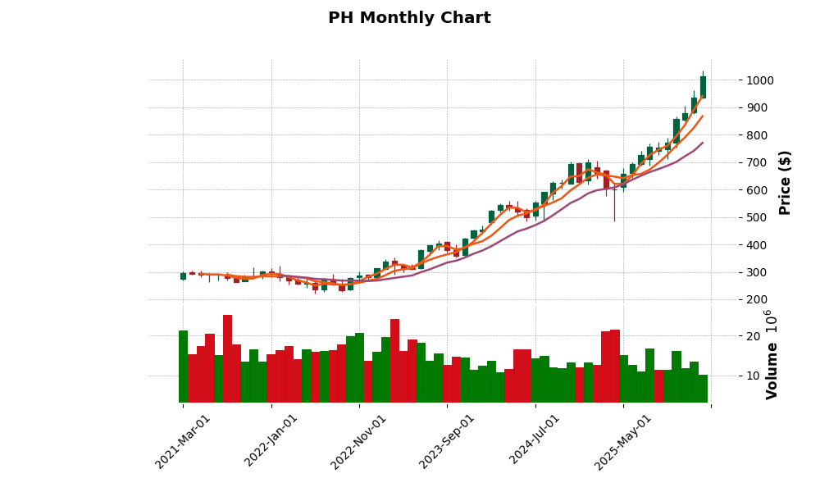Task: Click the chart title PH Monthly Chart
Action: pyautogui.click(x=409, y=18)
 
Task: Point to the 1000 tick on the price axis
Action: pyautogui.click(x=758, y=80)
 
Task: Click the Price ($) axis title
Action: pyautogui.click(x=786, y=182)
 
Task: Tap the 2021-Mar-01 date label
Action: pyautogui.click(x=183, y=441)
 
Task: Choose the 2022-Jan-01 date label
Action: pyautogui.click(x=271, y=441)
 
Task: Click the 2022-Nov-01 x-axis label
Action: pyautogui.click(x=359, y=441)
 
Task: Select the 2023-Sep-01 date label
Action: pyautogui.click(x=447, y=441)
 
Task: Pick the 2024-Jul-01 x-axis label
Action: pyautogui.click(x=535, y=441)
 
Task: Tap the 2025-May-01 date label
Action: pyautogui.click(x=623, y=441)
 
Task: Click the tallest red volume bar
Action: pyautogui.click(x=227, y=358)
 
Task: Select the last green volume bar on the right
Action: pyautogui.click(x=703, y=389)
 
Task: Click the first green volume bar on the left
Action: pyautogui.click(x=183, y=367)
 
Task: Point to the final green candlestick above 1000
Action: pyautogui.click(x=703, y=87)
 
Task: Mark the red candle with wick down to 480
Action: pyautogui.click(x=614, y=180)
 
